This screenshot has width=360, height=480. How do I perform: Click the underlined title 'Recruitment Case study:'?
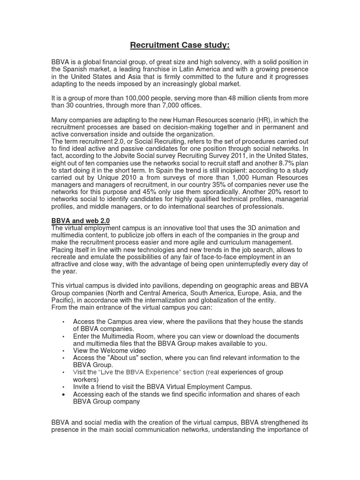point(180,45)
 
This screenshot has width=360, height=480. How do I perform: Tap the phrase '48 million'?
point(252,98)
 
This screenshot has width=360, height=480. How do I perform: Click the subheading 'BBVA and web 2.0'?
point(80,220)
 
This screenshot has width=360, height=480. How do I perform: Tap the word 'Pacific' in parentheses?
point(63,300)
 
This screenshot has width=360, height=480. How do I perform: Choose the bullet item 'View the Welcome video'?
point(109,350)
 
